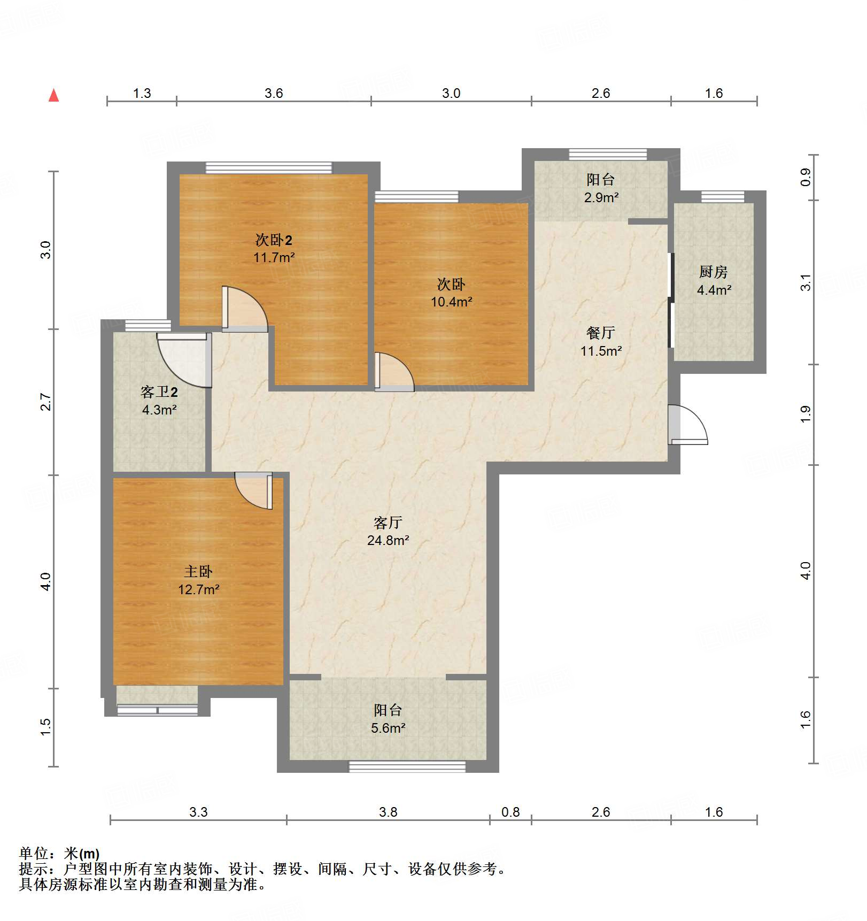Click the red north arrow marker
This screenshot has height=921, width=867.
point(53,96)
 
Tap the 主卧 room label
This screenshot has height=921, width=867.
point(198,571)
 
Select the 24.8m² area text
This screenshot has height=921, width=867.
point(388,540)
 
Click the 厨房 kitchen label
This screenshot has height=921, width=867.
point(713,272)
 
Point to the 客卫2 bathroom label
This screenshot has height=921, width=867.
point(159,392)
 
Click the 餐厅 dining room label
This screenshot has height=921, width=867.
point(601,333)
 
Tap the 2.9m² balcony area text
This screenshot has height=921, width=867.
point(601,197)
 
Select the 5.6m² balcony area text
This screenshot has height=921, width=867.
point(388,728)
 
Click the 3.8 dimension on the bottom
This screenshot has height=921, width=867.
point(388,812)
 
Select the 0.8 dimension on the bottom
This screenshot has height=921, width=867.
point(510,812)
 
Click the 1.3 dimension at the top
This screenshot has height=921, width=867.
point(142,93)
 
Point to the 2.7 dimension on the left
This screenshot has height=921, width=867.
point(46,402)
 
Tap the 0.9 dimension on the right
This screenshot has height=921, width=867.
point(806,177)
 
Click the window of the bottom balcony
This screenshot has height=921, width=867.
point(407,766)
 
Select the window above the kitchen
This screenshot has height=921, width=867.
point(723,197)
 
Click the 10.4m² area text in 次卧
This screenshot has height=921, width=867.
point(452,302)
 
